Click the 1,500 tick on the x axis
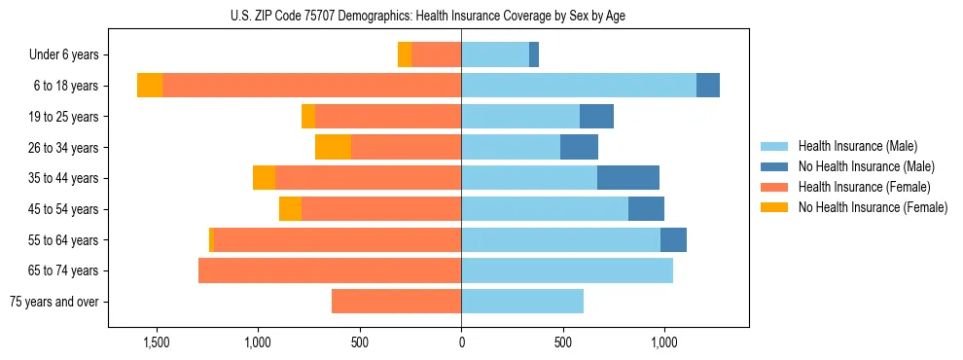[157, 342]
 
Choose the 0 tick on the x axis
[461, 342]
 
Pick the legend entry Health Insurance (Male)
[857, 146]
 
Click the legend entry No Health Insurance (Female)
[873, 207]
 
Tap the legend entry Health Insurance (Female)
[864, 187]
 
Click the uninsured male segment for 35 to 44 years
[628, 178]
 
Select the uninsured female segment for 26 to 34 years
[333, 147]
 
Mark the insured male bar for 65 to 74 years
[567, 270]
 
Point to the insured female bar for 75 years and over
[396, 302]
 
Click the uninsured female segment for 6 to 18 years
[150, 86]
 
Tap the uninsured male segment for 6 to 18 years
[708, 86]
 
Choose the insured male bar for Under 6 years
[495, 55]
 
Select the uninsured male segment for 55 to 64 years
[673, 239]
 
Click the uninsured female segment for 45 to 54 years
[290, 209]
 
